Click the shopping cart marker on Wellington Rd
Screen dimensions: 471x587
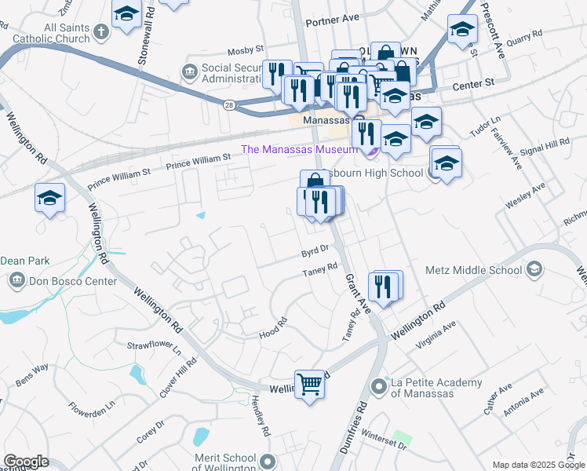(310, 385)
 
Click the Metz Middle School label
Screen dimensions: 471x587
(473, 270)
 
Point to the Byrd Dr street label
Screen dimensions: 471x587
(315, 253)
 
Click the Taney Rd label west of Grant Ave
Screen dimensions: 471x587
(320, 274)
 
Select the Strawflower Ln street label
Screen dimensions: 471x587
(154, 346)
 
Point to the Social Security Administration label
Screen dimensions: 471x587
(232, 73)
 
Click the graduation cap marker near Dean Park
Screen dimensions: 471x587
(50, 198)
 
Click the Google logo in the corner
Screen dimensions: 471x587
(26, 462)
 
